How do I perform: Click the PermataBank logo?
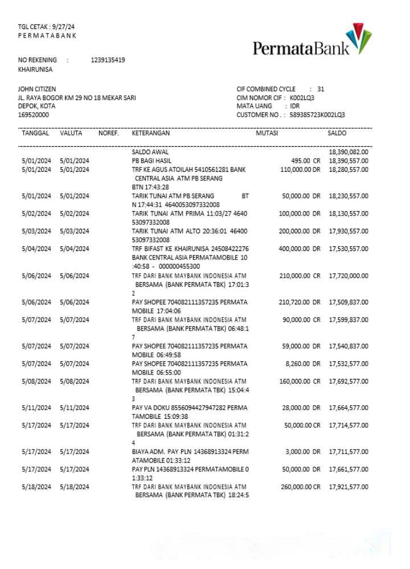[x=312, y=42]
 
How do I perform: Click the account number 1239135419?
[x=108, y=60]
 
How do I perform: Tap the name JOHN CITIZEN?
[x=37, y=89]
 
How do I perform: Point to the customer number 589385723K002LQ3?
[x=317, y=115]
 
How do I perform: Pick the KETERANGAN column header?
[x=151, y=133]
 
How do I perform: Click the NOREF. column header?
[x=108, y=133]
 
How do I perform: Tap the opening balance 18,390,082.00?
[x=348, y=152]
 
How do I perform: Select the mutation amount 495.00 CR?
[x=306, y=161]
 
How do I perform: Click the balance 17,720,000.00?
[x=348, y=276]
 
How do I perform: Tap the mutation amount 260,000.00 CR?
[x=301, y=487]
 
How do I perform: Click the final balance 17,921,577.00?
[x=348, y=487]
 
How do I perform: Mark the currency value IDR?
[x=295, y=106]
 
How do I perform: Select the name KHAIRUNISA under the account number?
[x=35, y=69]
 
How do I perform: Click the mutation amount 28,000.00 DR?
[x=302, y=407]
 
